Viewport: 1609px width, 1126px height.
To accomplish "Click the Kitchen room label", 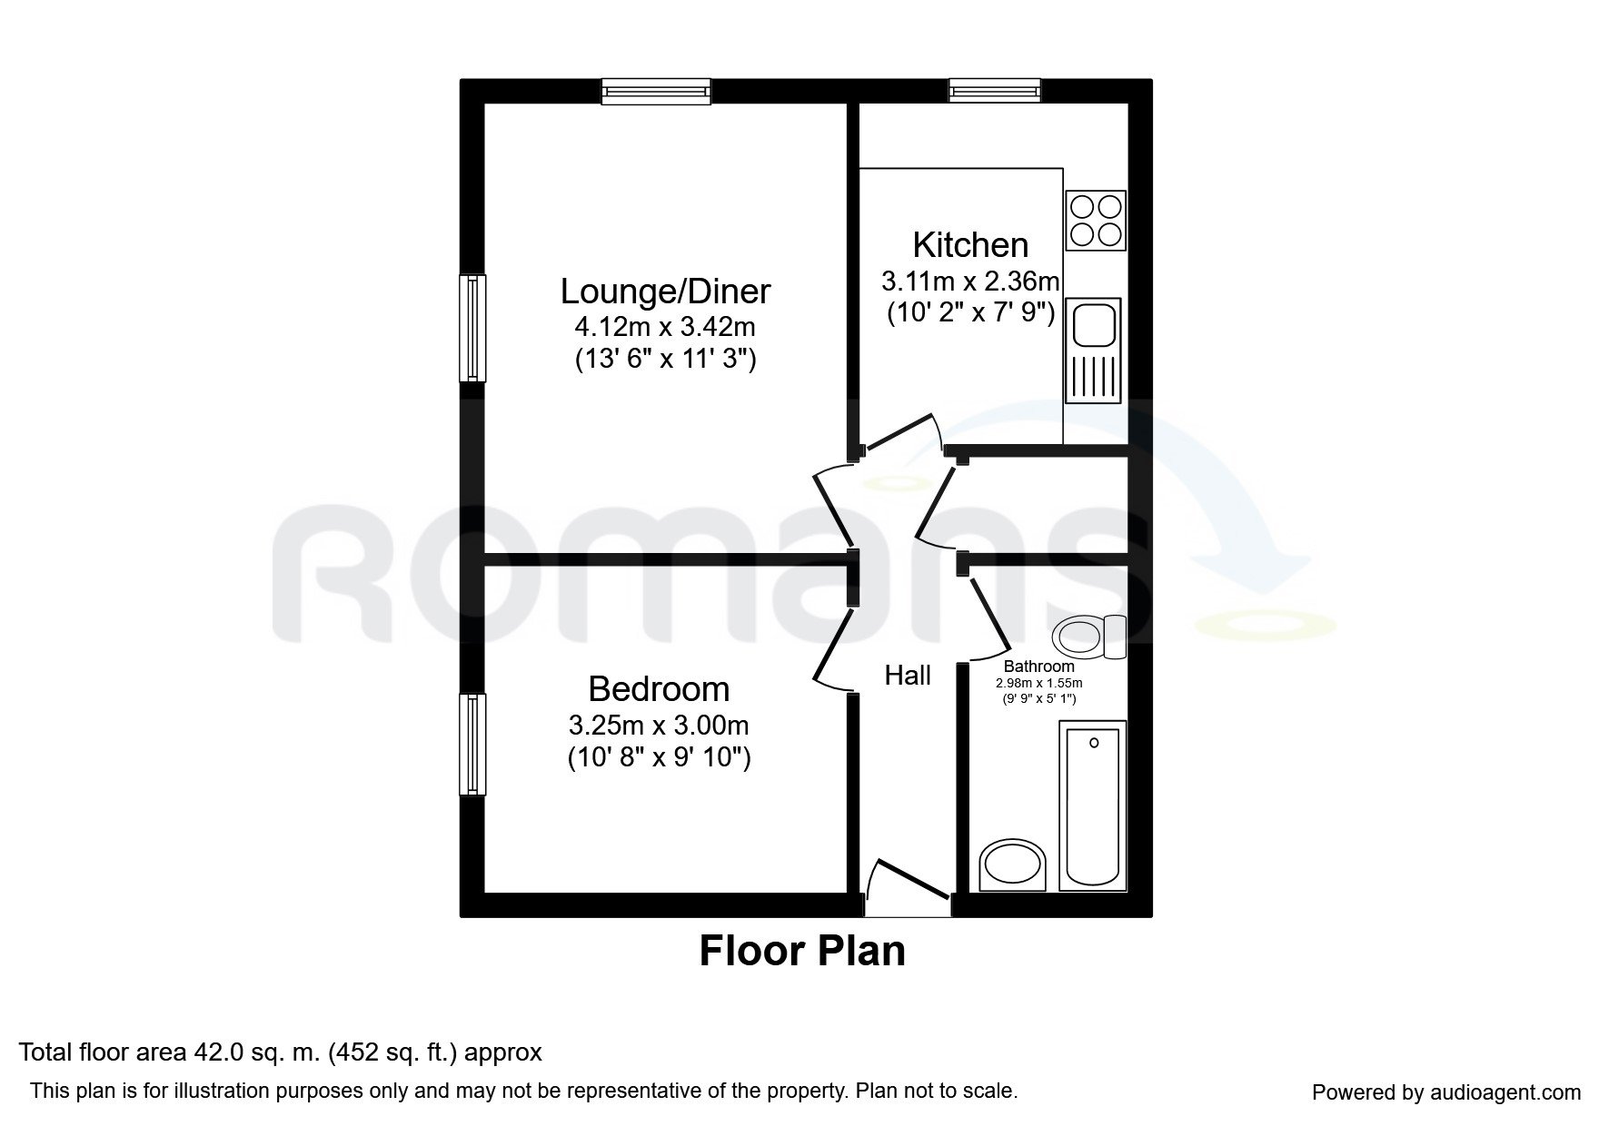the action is pyautogui.click(x=970, y=245).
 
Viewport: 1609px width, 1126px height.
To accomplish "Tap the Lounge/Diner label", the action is pyautogui.click(x=665, y=291).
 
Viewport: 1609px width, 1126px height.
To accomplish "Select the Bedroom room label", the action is pyautogui.click(x=659, y=689).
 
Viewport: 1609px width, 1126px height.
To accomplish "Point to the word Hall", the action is pyautogui.click(x=908, y=676).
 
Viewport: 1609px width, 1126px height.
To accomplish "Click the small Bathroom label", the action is pyautogui.click(x=1038, y=667).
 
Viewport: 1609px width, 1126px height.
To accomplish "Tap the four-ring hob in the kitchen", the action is pyautogui.click(x=1096, y=221).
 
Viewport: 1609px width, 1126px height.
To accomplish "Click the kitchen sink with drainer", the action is pyautogui.click(x=1096, y=351).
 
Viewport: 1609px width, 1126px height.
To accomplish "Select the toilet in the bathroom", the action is pyautogui.click(x=1090, y=638).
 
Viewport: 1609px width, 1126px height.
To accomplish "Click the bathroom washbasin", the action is pyautogui.click(x=1013, y=865).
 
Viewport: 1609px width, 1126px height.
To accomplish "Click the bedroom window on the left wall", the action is pyautogui.click(x=472, y=744).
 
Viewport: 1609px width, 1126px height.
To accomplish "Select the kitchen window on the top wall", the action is pyautogui.click(x=994, y=91).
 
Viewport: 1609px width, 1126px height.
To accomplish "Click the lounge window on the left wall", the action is pyautogui.click(x=472, y=328).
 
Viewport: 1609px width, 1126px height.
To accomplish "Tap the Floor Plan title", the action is pyautogui.click(x=802, y=951).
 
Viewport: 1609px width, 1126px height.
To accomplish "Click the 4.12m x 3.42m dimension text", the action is pyautogui.click(x=665, y=326).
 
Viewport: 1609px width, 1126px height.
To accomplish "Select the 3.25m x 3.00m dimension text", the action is pyautogui.click(x=659, y=725).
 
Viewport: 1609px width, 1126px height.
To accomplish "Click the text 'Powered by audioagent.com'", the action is pyautogui.click(x=1446, y=1093).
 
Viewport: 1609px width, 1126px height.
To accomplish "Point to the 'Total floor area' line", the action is pyautogui.click(x=281, y=1052).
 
